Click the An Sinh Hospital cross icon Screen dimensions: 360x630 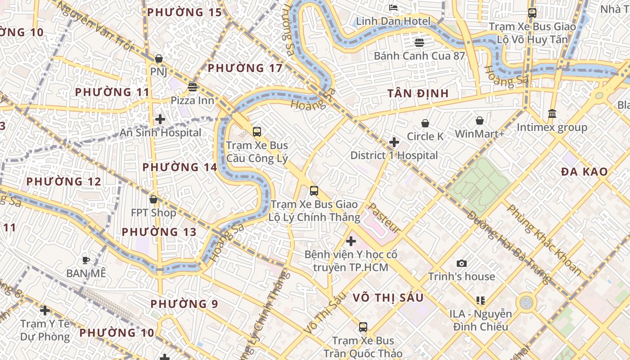coord(160,119)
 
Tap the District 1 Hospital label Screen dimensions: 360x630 coord(394,155)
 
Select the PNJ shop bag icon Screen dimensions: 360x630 coord(158,58)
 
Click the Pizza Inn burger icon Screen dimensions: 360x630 coord(193,87)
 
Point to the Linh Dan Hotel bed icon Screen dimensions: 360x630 coord(393,8)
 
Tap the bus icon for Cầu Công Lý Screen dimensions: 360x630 coord(256,132)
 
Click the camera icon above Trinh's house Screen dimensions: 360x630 coord(461,263)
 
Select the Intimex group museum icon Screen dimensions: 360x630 coord(552,113)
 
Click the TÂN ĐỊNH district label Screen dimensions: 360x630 coord(418,93)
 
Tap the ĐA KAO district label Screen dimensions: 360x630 coord(584,171)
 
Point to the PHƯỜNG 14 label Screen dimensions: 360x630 coord(180,167)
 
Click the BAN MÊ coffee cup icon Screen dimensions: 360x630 coord(86,260)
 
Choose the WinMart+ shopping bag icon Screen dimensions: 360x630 coord(480,121)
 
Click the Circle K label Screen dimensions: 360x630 coord(425,136)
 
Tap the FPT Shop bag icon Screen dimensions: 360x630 coord(153,199)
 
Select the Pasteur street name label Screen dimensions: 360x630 coord(384,218)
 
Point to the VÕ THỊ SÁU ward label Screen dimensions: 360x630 coord(388,297)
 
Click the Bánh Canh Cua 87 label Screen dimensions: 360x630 coord(419,56)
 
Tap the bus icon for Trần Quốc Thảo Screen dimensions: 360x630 coord(363,327)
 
